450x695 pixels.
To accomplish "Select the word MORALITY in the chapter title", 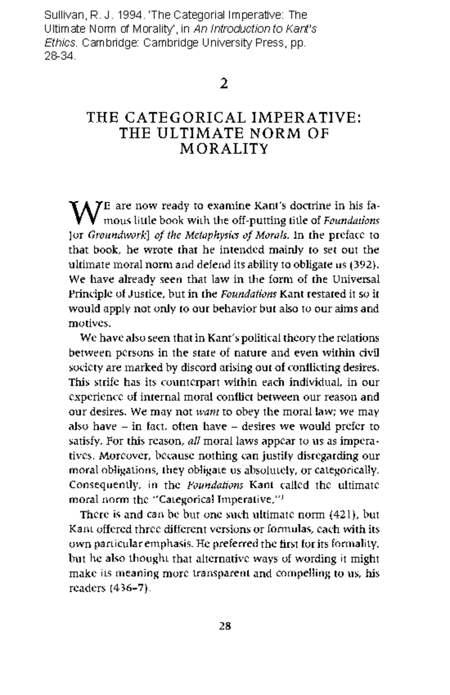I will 224,149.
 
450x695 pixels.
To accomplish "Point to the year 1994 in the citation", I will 129,15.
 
